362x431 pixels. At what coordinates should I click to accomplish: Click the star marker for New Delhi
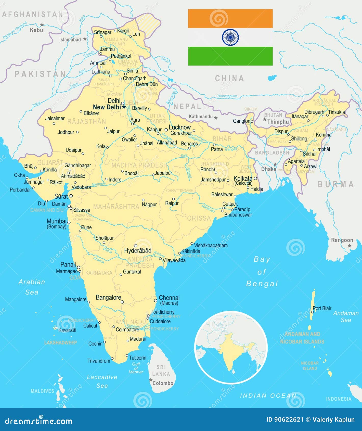click(124, 107)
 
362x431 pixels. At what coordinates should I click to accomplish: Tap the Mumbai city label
click(56, 221)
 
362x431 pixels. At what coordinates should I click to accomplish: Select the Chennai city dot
click(156, 301)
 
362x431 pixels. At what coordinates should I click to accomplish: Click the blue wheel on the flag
click(230, 37)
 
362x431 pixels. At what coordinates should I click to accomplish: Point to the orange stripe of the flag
click(230, 19)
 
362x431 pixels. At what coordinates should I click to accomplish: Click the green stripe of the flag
click(230, 56)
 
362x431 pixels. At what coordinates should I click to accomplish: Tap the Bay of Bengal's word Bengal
click(262, 284)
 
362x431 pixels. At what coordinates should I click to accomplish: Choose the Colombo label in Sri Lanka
click(163, 383)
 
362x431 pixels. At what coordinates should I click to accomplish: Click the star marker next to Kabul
click(42, 25)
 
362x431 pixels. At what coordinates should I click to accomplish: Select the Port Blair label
click(322, 308)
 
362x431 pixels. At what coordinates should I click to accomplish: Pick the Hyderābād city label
click(138, 251)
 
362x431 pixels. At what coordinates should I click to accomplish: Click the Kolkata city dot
click(255, 179)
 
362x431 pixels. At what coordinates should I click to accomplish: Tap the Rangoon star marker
click(350, 246)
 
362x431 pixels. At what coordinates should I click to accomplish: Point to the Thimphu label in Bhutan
click(278, 122)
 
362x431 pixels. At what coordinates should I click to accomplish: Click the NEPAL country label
click(187, 107)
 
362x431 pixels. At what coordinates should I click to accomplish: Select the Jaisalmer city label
click(55, 118)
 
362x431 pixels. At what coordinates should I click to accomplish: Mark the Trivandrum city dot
click(112, 359)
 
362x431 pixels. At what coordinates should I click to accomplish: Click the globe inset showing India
click(231, 347)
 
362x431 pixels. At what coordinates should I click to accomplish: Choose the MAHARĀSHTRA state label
click(116, 207)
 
